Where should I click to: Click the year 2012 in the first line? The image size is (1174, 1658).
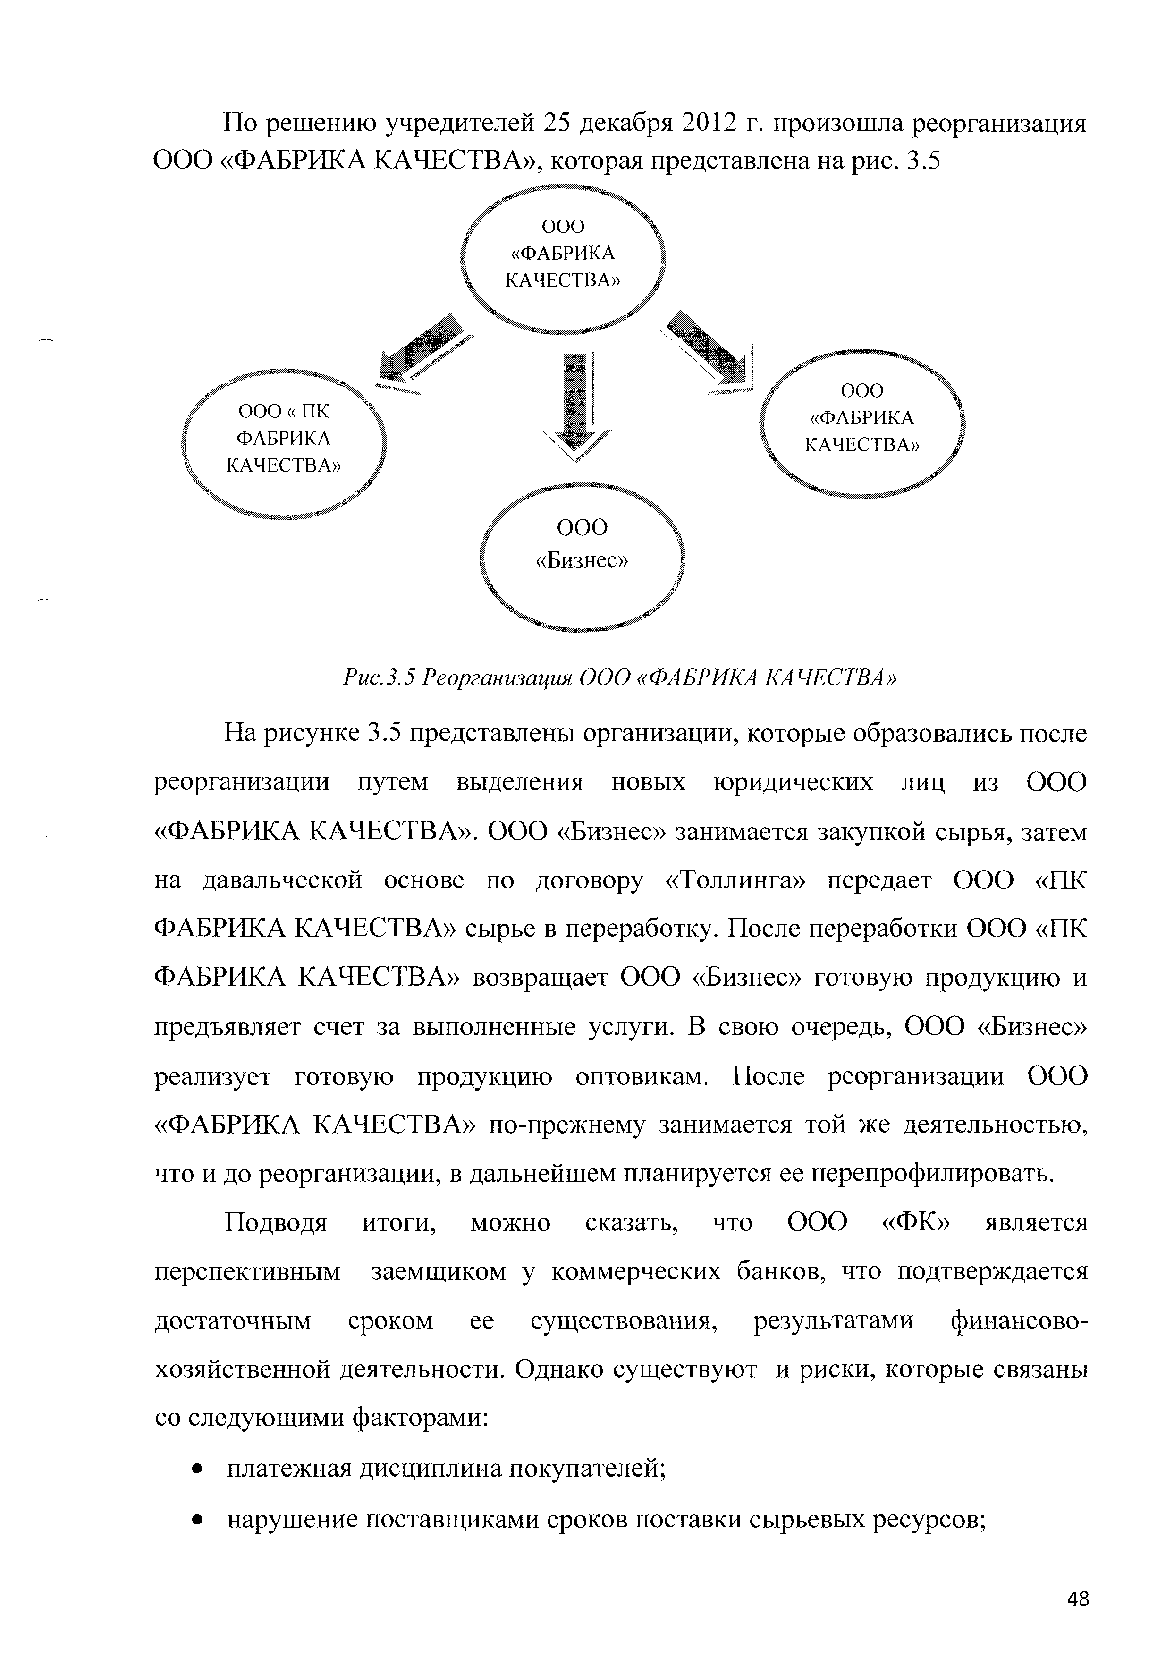pyautogui.click(x=706, y=124)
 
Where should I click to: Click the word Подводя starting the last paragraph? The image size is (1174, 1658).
pyautogui.click(x=276, y=1224)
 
